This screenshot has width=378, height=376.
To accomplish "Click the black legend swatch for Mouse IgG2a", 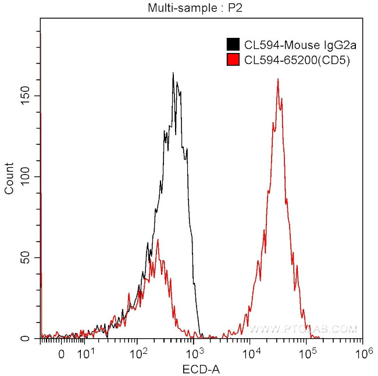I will pyautogui.click(x=233, y=44).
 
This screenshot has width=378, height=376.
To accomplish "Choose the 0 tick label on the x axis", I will pyautogui.click(x=62, y=353).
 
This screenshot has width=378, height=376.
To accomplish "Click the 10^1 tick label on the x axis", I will pyautogui.click(x=85, y=353).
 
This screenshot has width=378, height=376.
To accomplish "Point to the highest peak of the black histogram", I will pyautogui.click(x=173, y=73).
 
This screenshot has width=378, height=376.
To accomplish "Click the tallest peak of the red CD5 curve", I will pyautogui.click(x=278, y=79).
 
